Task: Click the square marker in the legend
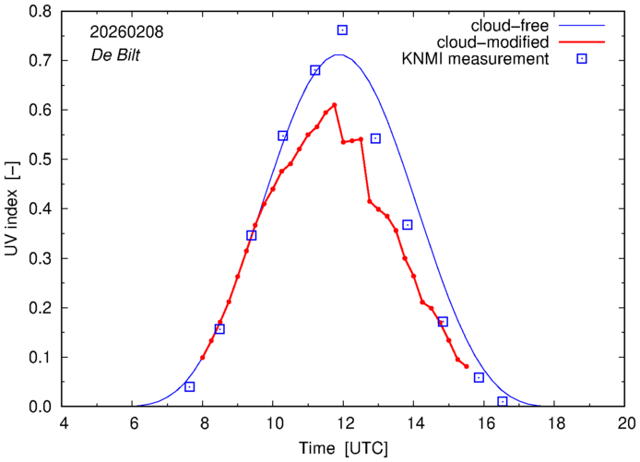(x=582, y=60)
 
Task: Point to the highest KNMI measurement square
(x=342, y=30)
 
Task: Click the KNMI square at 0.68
(x=315, y=70)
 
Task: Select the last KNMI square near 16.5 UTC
(x=503, y=401)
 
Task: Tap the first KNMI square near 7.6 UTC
(x=190, y=386)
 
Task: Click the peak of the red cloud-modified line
(x=334, y=105)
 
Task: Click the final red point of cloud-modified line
(x=467, y=366)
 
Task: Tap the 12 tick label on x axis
(x=344, y=423)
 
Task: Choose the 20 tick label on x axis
(x=626, y=423)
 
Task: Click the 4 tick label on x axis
(x=64, y=423)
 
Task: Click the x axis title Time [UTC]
(x=344, y=448)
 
